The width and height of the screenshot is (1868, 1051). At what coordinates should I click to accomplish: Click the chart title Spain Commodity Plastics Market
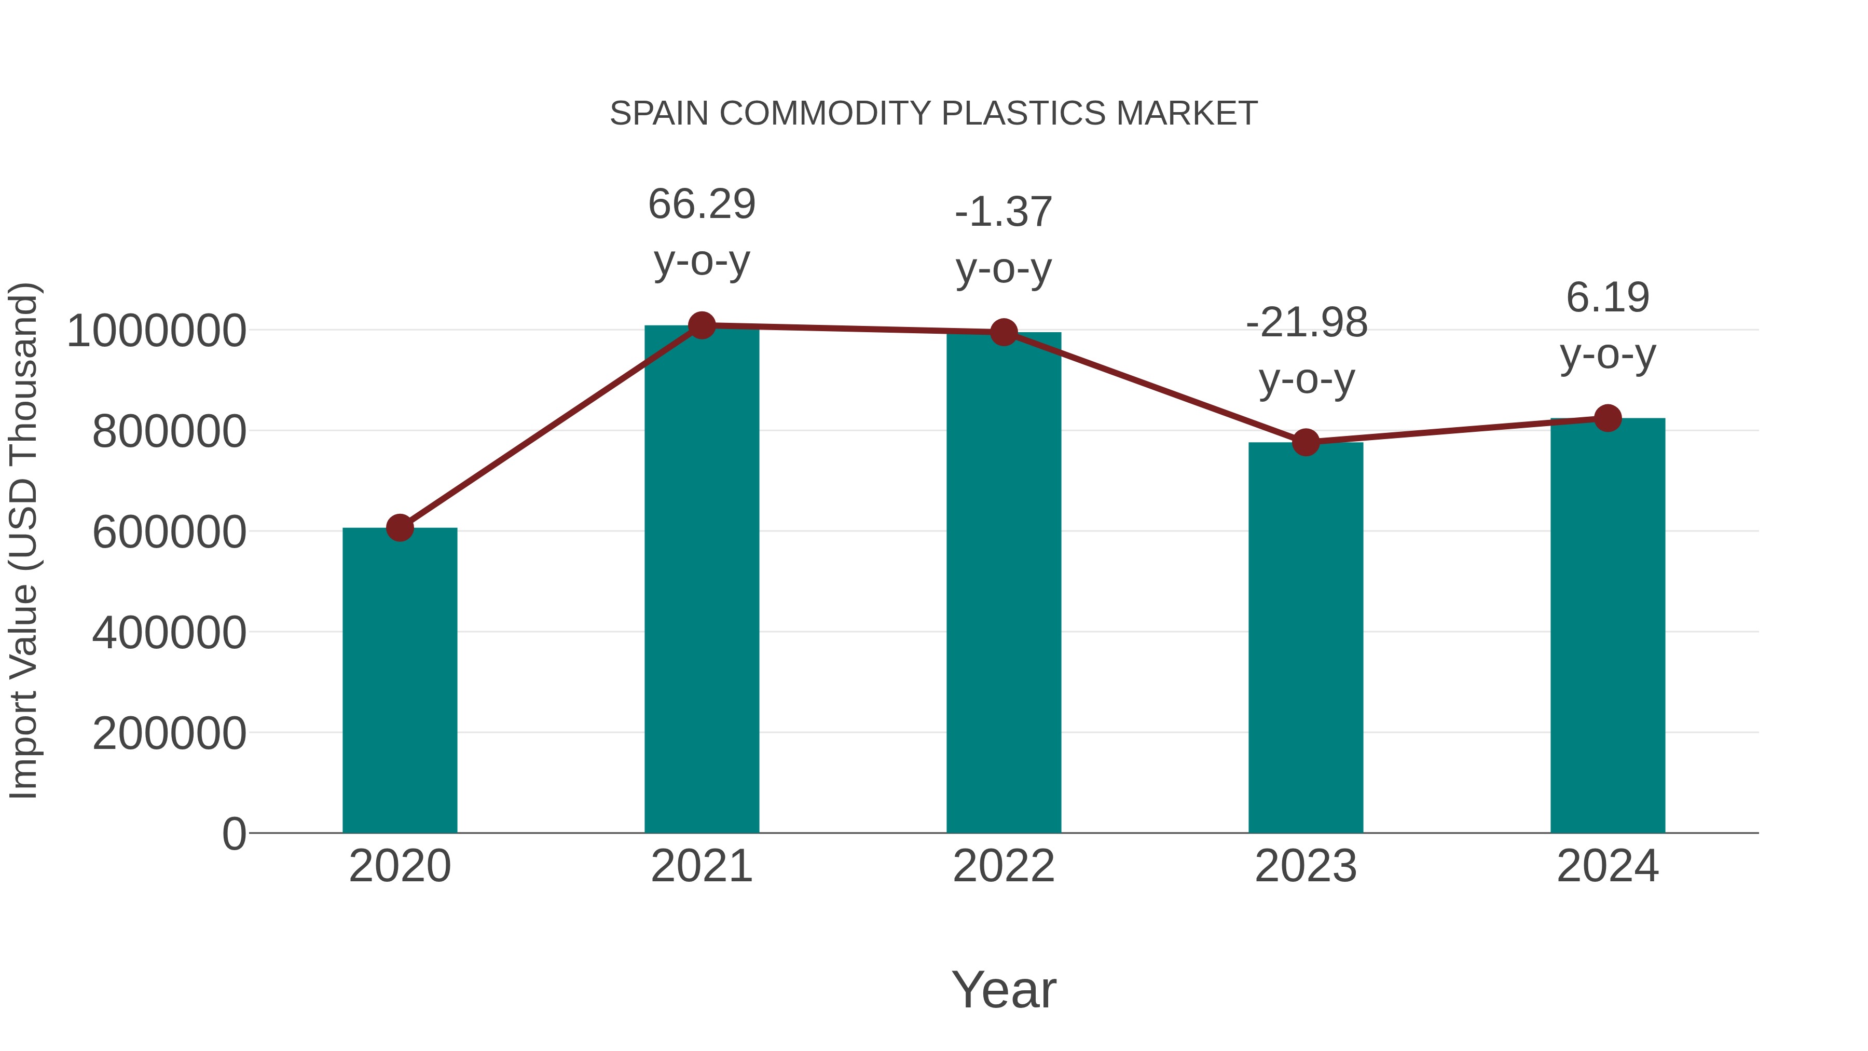[x=933, y=114]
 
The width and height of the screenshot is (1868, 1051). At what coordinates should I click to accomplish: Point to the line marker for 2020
[x=400, y=528]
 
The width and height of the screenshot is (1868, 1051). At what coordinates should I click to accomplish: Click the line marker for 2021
[x=701, y=325]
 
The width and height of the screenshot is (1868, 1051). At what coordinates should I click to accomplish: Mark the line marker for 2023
[x=1306, y=442]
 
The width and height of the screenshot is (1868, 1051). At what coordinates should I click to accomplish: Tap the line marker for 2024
[x=1608, y=418]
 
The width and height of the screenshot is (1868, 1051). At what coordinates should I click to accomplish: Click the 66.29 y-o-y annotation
[x=701, y=232]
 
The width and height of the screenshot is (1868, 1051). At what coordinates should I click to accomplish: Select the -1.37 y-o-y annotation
[x=1004, y=240]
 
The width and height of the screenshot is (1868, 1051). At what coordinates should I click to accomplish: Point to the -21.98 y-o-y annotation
[x=1306, y=350]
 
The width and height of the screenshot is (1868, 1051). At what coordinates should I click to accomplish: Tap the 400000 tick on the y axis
[x=169, y=633]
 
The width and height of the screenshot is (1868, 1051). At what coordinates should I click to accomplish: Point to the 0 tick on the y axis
[x=233, y=834]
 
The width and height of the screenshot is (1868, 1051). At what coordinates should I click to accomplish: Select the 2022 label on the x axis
[x=1004, y=866]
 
